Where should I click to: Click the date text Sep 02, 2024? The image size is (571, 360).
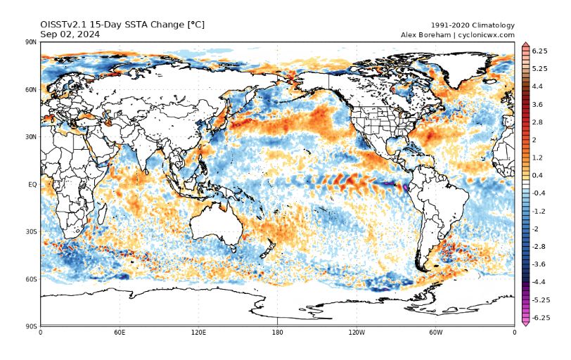pyautogui.click(x=70, y=34)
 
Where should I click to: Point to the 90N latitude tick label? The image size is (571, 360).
pyautogui.click(x=31, y=43)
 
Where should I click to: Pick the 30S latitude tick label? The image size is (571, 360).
pyautogui.click(x=31, y=231)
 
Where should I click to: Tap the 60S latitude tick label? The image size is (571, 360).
pyautogui.click(x=31, y=279)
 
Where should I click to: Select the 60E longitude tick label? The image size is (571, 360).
pyautogui.click(x=120, y=332)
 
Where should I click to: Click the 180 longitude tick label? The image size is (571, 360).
pyautogui.click(x=277, y=332)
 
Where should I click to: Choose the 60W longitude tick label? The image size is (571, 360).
pyautogui.click(x=435, y=332)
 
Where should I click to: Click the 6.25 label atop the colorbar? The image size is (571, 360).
pyautogui.click(x=540, y=51)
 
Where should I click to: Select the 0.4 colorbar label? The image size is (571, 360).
pyautogui.click(x=538, y=175)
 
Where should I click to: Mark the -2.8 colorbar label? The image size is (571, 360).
pyautogui.click(x=539, y=247)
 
